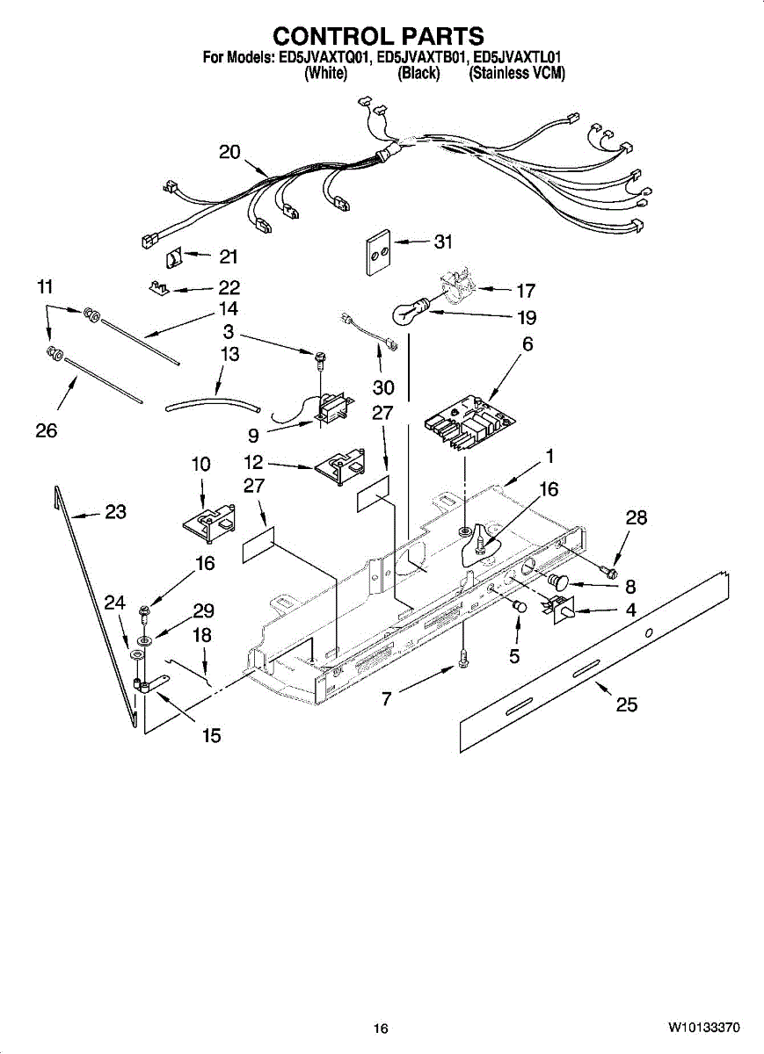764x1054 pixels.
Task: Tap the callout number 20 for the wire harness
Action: pos(229,152)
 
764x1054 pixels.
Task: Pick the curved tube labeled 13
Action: pos(214,405)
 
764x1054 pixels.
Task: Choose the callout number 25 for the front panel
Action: pos(627,704)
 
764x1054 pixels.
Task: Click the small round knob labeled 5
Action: pos(519,606)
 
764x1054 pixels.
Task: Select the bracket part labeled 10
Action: pos(207,520)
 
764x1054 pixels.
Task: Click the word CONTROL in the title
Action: pos(324,36)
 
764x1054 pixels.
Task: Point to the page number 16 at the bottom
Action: pos(380,1029)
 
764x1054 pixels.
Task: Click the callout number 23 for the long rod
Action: pos(115,512)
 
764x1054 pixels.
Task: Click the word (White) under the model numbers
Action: pos(325,74)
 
